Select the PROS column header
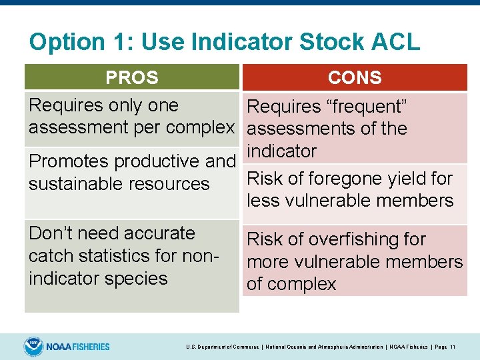point(132,78)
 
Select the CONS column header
point(355,78)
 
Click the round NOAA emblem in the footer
point(33,347)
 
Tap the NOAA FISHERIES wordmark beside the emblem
point(79,347)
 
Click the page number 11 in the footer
point(453,347)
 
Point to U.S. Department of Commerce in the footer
point(221,347)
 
